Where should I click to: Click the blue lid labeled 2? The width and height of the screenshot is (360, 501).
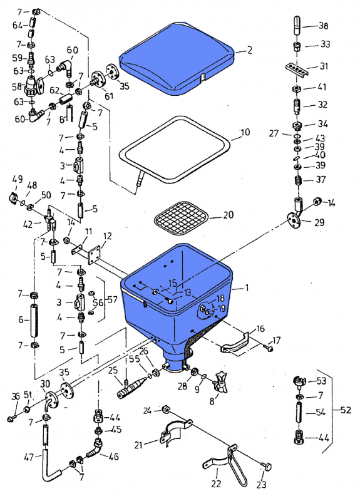(x=177, y=59)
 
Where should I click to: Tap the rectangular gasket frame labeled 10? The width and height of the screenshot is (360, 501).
(x=175, y=150)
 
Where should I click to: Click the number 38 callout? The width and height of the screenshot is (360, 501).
(x=323, y=26)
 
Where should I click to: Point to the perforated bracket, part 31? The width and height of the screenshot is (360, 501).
(x=296, y=69)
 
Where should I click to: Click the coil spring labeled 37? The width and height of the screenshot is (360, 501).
(x=298, y=181)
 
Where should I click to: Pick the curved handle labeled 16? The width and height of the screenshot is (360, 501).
(x=236, y=343)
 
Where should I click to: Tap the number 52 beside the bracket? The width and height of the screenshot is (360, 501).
(x=346, y=410)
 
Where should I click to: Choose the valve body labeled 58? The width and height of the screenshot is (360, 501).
(x=33, y=86)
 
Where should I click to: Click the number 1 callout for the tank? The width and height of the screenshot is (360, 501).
(x=247, y=288)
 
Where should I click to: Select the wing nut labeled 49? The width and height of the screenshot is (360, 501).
(x=13, y=199)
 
